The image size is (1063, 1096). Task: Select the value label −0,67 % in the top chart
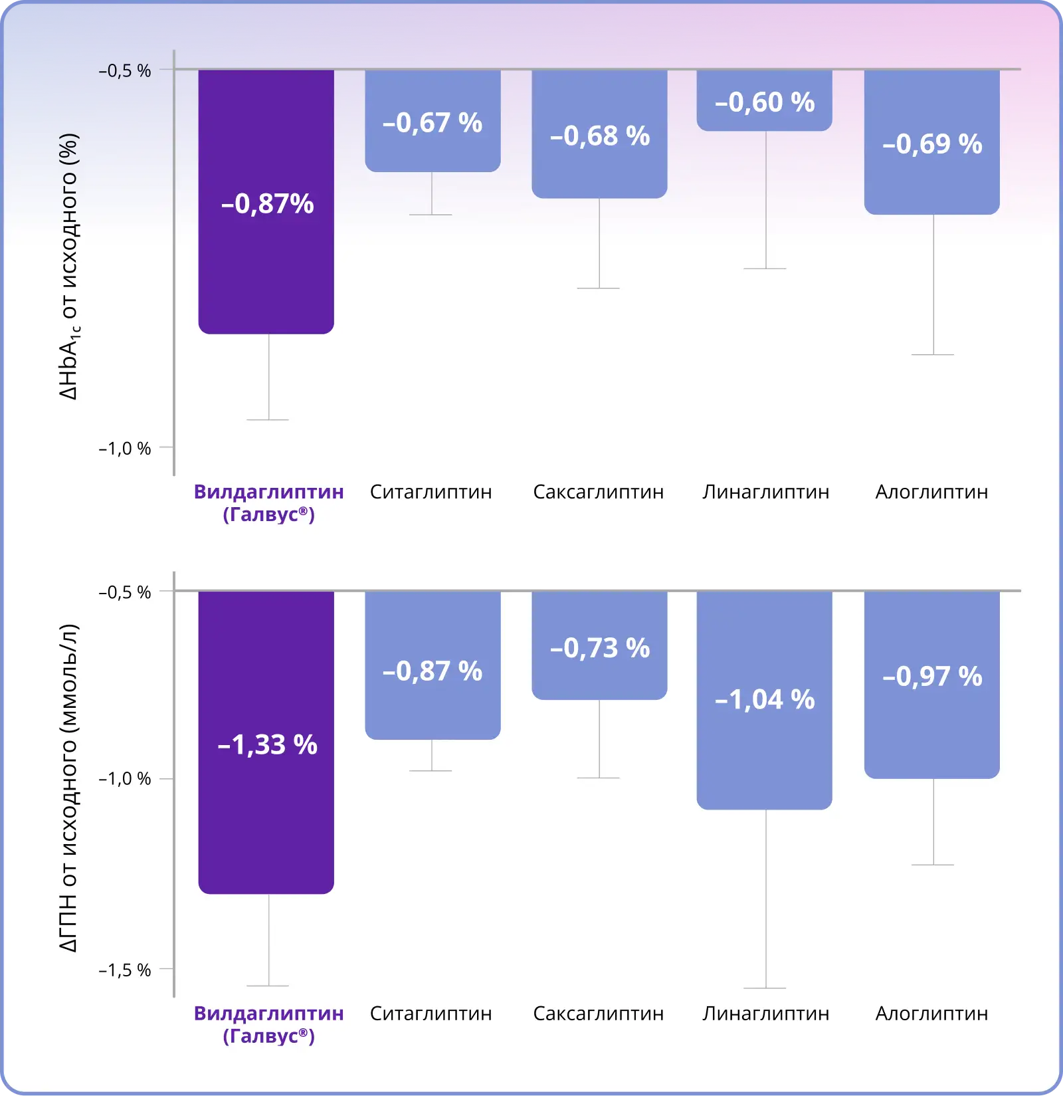(433, 123)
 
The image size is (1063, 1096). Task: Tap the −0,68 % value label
(600, 136)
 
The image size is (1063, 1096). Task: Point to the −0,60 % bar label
(765, 102)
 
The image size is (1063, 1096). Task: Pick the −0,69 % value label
(932, 144)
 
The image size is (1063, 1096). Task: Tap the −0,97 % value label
(932, 677)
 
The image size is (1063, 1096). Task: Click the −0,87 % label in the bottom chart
(433, 671)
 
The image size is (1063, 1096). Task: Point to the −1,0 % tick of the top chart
(125, 449)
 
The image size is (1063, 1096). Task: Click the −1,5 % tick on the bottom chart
(125, 970)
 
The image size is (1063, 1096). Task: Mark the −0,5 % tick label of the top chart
(125, 71)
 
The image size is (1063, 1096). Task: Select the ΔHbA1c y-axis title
(69, 267)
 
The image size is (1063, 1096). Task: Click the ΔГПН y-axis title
(69, 788)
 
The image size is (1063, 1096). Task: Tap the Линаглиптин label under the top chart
(766, 492)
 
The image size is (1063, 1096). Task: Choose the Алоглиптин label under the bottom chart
(931, 1014)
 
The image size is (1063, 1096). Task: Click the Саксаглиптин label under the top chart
(599, 492)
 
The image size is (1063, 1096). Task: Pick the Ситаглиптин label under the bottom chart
(431, 1014)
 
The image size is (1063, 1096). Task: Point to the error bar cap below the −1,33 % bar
(268, 986)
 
